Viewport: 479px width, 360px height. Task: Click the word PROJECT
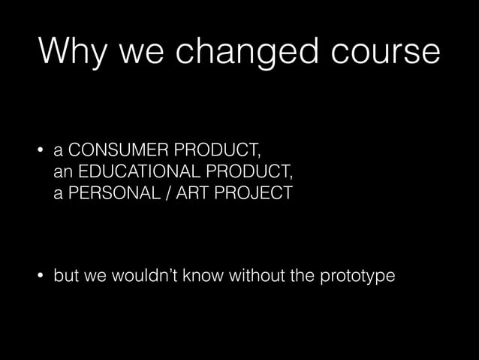pyautogui.click(x=256, y=193)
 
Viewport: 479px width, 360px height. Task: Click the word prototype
pyautogui.click(x=359, y=277)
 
